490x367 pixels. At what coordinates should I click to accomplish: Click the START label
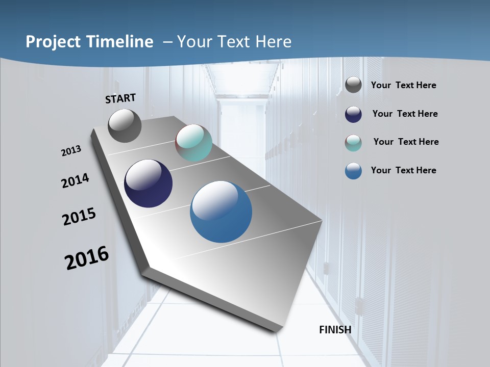point(120,98)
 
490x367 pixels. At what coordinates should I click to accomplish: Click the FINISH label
point(335,330)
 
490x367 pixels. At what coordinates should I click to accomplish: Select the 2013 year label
point(71,151)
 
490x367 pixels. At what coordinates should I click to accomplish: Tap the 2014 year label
point(76,180)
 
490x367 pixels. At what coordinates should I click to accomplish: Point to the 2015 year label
point(79,217)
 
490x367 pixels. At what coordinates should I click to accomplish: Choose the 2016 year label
point(87,258)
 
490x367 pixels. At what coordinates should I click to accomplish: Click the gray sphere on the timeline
point(125,125)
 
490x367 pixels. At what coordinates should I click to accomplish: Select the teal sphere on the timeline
point(193,143)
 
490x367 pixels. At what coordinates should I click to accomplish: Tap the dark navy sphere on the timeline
point(148,183)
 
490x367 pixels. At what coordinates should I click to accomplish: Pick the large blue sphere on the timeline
point(221,211)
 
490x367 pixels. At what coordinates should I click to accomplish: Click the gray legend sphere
point(353,85)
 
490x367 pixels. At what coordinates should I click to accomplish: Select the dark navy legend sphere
point(353,114)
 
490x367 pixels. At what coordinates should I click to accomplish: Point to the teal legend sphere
point(353,143)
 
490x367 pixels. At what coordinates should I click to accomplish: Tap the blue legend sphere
point(353,171)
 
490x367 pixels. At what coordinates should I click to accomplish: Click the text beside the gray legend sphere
point(404,86)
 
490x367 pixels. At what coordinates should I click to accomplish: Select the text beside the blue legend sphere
point(404,170)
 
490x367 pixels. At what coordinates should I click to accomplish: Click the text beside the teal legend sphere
point(406,142)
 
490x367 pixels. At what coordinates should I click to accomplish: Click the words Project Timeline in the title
point(89,42)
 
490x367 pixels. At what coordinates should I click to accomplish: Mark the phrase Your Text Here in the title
point(234,42)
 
